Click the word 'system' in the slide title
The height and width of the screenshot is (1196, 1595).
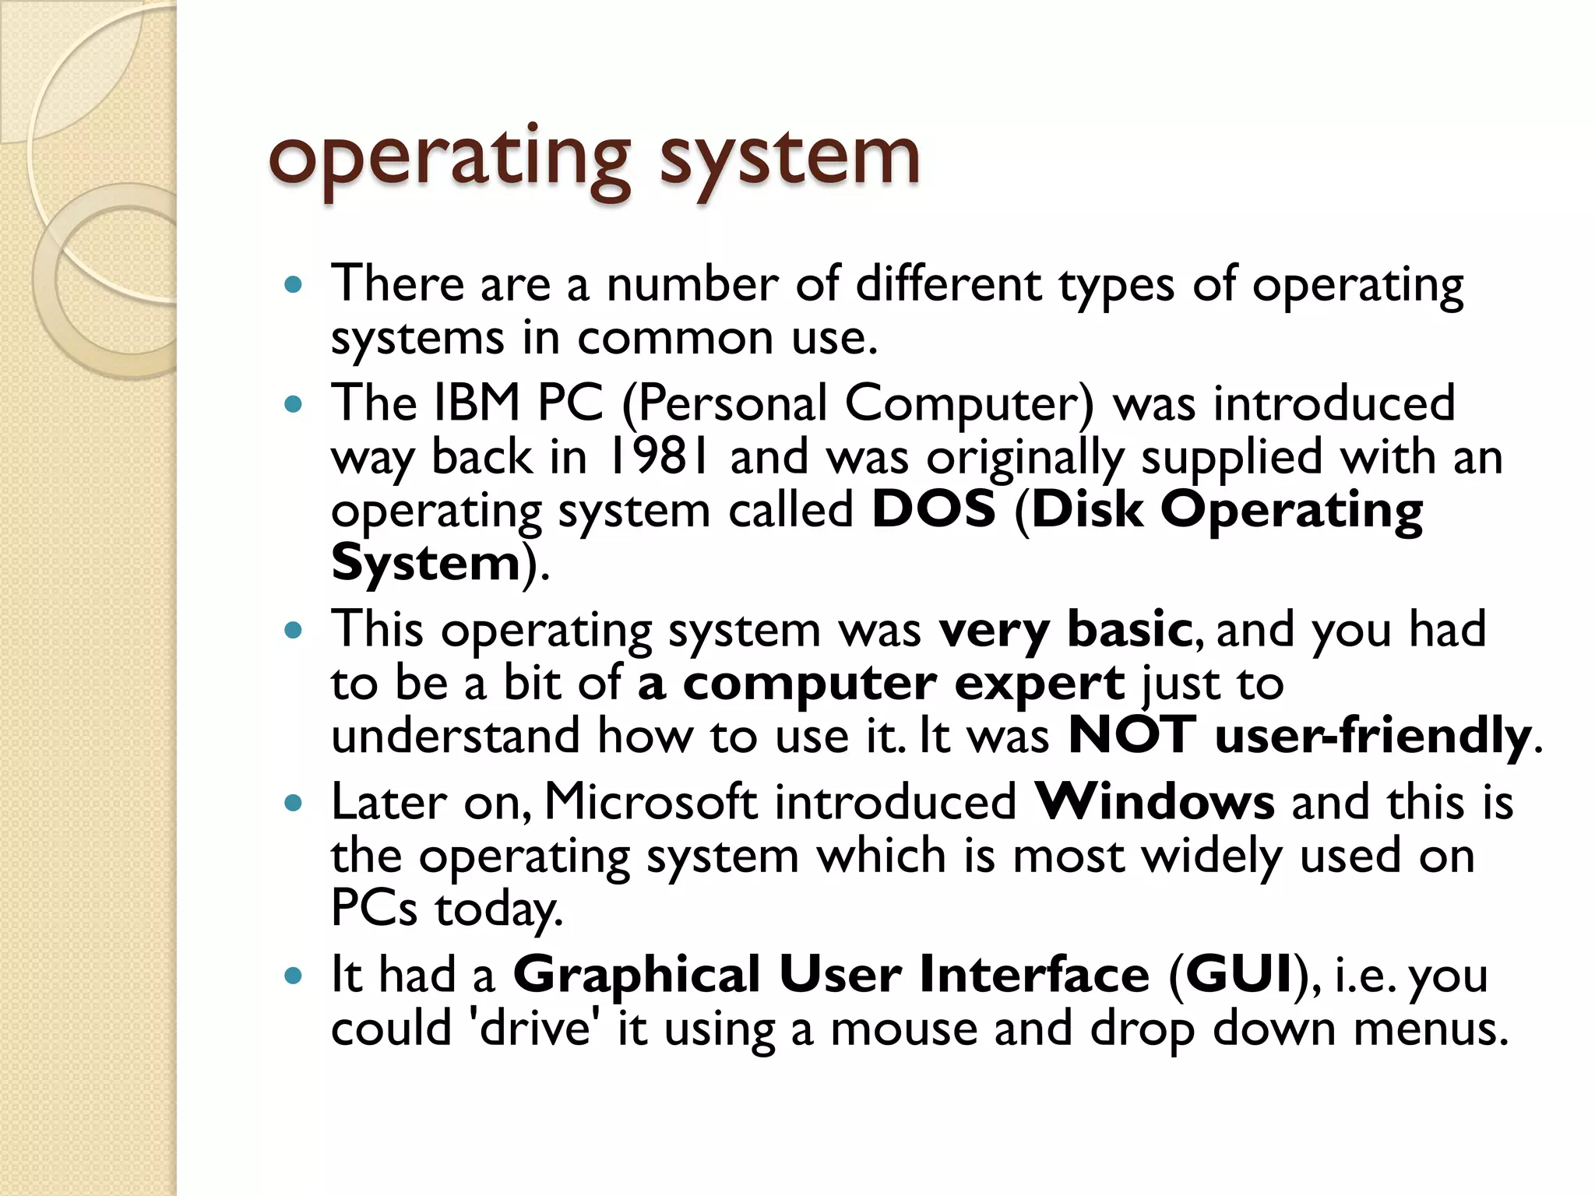point(790,160)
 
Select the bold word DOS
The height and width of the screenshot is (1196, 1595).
point(933,510)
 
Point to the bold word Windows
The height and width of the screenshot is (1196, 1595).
point(1154,802)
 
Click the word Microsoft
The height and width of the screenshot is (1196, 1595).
point(650,802)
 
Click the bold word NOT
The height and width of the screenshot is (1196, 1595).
point(1131,735)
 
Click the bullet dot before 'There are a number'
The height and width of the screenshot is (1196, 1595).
point(293,285)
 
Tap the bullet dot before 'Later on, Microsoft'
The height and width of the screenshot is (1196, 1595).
point(293,804)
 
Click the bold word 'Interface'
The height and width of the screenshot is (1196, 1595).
point(1033,975)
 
